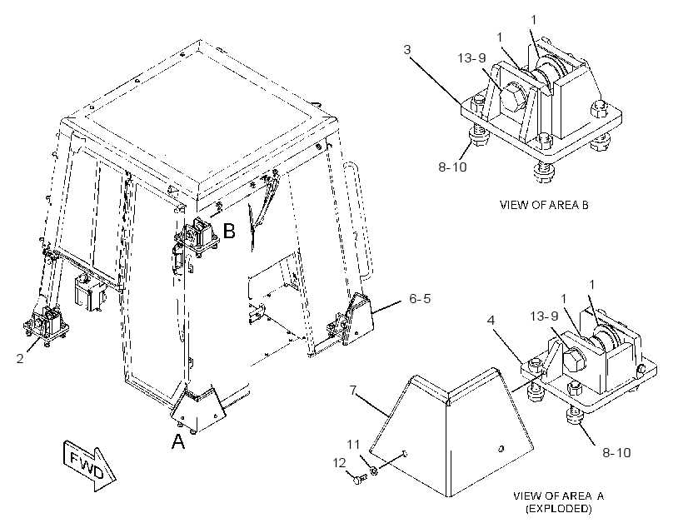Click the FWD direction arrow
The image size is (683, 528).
click(x=90, y=466)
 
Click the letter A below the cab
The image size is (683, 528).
click(x=178, y=441)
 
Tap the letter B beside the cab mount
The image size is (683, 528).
click(x=229, y=231)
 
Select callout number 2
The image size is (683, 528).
click(x=20, y=359)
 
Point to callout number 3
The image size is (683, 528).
click(x=406, y=50)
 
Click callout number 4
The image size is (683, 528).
click(x=491, y=321)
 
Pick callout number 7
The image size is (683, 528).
click(x=354, y=391)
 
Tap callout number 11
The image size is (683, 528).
click(x=353, y=445)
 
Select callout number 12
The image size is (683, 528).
click(x=339, y=463)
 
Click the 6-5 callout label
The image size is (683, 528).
click(x=420, y=298)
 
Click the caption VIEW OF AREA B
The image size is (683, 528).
click(x=544, y=205)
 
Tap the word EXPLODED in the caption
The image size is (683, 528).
click(x=559, y=508)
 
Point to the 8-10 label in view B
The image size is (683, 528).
click(x=452, y=167)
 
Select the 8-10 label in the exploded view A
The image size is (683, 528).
click(x=616, y=453)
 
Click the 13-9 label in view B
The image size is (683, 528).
click(x=471, y=57)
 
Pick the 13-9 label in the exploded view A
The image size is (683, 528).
click(x=544, y=316)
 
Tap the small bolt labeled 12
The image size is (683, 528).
click(x=360, y=480)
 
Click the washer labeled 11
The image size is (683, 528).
click(x=373, y=471)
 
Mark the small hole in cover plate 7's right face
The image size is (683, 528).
click(x=501, y=448)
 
